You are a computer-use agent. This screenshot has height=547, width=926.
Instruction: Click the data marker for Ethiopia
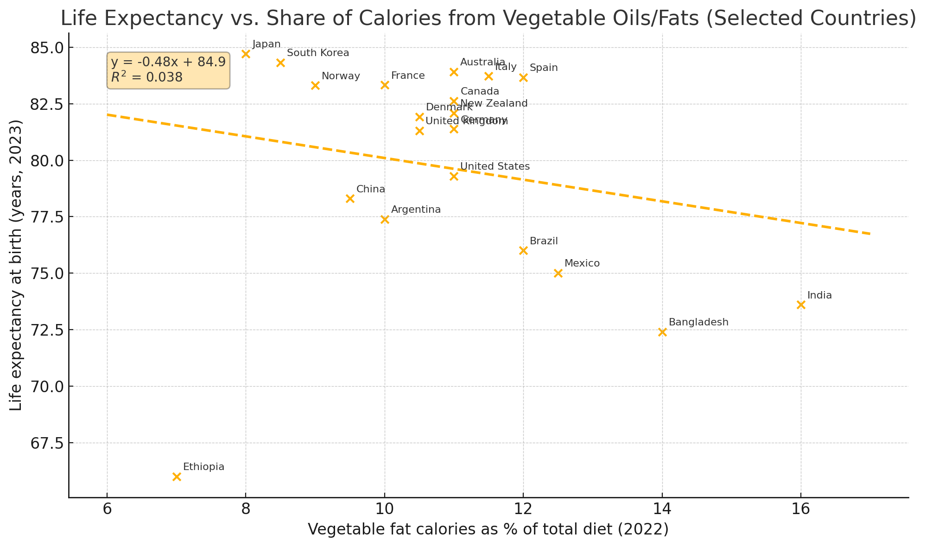(x=177, y=477)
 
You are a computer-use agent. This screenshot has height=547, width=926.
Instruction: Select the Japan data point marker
(x=246, y=54)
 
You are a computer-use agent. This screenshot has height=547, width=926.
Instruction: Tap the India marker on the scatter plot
(x=801, y=305)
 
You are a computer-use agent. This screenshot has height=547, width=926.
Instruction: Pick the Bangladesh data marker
(x=662, y=332)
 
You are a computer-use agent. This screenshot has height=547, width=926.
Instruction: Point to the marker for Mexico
(x=558, y=273)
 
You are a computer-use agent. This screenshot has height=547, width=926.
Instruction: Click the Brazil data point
(x=523, y=250)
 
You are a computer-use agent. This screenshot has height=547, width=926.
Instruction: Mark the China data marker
(x=350, y=198)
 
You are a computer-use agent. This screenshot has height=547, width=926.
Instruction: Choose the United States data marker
(x=454, y=176)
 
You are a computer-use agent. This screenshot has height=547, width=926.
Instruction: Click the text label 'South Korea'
(x=317, y=53)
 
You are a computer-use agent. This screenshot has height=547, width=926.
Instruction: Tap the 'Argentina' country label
(x=416, y=210)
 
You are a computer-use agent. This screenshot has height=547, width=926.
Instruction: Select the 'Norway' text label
(x=341, y=76)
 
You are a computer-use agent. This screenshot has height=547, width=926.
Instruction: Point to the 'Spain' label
(x=544, y=68)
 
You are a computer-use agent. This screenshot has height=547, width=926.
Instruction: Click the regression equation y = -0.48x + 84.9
(x=168, y=62)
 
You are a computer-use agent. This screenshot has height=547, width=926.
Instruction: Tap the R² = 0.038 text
(x=146, y=77)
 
